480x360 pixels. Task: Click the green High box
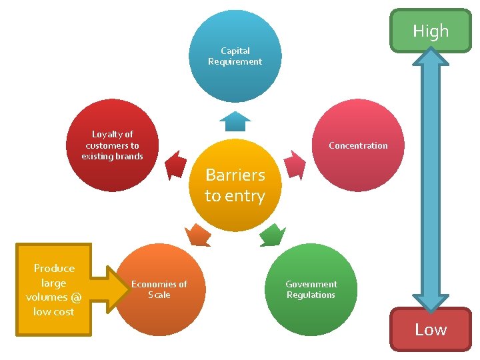(431, 31)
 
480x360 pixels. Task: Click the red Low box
(431, 329)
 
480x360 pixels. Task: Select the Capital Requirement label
(235, 56)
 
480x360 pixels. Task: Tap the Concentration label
(358, 145)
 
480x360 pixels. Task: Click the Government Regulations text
(311, 289)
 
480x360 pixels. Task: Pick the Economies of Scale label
(159, 289)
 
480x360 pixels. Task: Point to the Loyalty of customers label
(112, 145)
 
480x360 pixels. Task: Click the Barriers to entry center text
(235, 185)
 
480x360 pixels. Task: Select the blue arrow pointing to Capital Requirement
(235, 121)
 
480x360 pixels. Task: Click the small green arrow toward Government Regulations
(271, 235)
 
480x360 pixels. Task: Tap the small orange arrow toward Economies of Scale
(198, 235)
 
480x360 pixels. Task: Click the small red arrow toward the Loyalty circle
(176, 164)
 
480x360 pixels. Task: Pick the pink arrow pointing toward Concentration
(294, 164)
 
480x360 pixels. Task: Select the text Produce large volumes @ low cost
(54, 289)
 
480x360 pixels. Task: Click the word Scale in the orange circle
(159, 295)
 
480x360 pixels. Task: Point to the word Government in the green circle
(311, 284)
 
